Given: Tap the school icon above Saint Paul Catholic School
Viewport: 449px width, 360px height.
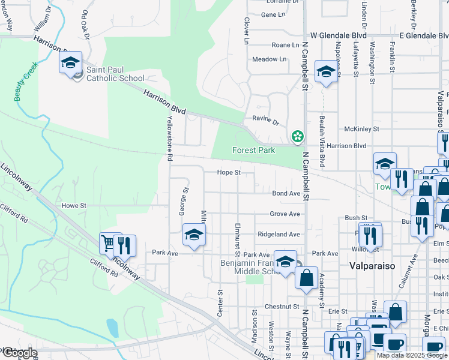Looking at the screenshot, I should point(70,62).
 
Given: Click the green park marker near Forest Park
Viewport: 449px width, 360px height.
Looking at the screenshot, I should point(297,137).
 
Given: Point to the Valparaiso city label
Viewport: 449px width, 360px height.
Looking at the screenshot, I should point(372,265).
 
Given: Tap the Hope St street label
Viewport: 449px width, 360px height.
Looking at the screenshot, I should point(229,173).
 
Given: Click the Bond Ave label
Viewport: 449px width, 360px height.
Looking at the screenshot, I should point(286,194).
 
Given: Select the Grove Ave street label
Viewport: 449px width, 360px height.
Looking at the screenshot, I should point(285,214).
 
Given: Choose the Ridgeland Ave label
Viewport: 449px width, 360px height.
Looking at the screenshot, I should point(279,235).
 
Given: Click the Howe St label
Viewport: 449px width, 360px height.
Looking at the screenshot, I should point(74,205).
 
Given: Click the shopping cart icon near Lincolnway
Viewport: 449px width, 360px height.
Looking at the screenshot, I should point(109,244).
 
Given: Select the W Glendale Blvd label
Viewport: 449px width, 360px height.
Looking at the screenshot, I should point(338,36).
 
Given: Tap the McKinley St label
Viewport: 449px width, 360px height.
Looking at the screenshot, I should point(361,129).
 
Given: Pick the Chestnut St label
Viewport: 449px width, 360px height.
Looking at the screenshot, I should point(282,307).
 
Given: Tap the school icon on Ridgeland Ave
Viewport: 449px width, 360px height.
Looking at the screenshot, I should point(194,235).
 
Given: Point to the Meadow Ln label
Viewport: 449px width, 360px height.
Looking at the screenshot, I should point(269,59).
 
